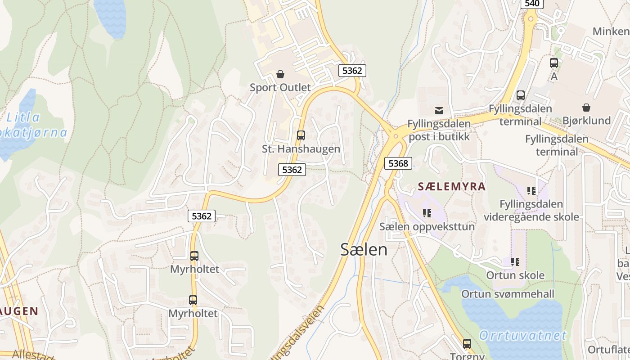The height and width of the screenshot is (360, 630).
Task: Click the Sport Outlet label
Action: coord(280,87)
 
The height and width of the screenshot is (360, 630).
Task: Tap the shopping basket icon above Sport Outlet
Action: coord(280,74)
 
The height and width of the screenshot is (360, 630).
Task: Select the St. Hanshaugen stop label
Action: coord(301,148)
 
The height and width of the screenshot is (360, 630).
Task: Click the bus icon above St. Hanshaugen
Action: coord(301,135)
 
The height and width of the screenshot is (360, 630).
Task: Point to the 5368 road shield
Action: coord(398,163)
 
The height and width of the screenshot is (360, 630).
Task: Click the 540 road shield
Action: coord(532,4)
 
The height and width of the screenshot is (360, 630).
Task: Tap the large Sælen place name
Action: coord(364,249)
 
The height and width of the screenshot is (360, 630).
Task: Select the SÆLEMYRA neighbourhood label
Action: coord(452,186)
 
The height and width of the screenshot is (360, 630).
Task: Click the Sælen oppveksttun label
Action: coord(427,226)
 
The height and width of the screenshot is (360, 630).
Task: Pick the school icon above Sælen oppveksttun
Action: coord(427,213)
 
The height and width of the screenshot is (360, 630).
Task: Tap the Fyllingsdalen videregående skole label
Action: coord(531,210)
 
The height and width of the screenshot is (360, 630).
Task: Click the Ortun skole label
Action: coord(515,275)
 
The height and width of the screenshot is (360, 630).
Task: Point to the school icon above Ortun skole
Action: coord(515,261)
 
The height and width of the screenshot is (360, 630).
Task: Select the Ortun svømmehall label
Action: coord(508,294)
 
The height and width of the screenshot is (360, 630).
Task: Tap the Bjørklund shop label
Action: coord(586,121)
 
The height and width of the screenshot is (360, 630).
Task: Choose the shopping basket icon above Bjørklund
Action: coord(586,108)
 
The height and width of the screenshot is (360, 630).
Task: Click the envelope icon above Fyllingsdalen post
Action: coord(439,110)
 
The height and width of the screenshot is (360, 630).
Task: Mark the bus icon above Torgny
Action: coord(467,344)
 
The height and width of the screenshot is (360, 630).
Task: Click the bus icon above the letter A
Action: coord(554,63)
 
